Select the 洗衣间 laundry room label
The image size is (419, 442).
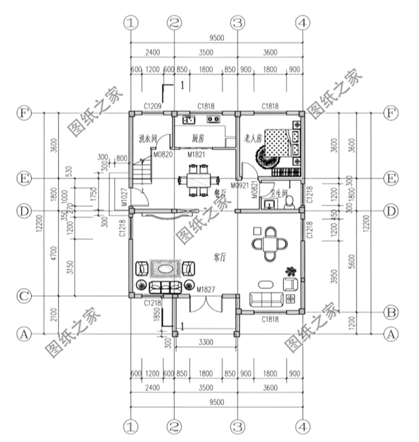pos(147,137)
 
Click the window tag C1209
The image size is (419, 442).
pos(152,106)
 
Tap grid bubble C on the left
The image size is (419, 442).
pos(23,296)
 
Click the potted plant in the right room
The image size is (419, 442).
pos(289,271)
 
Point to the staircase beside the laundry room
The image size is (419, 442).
pos(142,170)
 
